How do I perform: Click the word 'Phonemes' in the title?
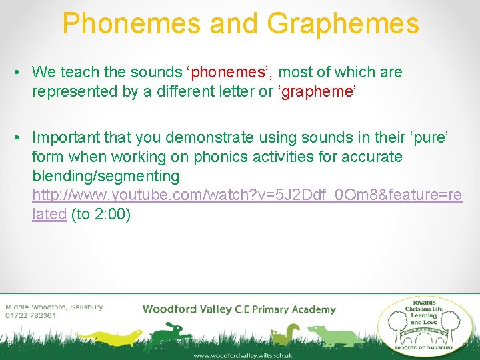pos(131,23)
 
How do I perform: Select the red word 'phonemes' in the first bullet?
pos(220,72)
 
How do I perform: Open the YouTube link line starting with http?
pos(247,195)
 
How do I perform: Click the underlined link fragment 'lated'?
pos(49,215)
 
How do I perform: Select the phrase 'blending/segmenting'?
pos(105,176)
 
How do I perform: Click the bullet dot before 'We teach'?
pos(21,73)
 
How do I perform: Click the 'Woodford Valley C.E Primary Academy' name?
pos(239,309)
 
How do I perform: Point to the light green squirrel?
pos(289,333)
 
